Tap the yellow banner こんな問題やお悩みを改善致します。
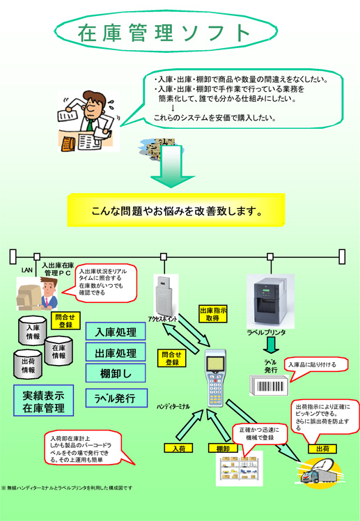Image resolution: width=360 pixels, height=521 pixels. (x=176, y=210)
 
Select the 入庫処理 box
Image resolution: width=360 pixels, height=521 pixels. (x=116, y=332)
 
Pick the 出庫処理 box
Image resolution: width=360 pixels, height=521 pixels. (x=116, y=352)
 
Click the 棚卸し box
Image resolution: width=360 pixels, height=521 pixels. (x=116, y=373)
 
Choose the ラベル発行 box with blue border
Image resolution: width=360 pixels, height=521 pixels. (x=116, y=398)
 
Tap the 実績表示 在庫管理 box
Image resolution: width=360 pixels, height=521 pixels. (x=43, y=401)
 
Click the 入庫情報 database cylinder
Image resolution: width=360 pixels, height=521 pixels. (x=32, y=331)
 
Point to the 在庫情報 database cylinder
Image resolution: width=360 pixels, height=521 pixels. (x=58, y=351)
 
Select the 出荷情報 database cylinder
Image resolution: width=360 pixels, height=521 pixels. (x=28, y=364)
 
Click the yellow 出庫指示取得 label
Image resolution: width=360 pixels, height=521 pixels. (x=213, y=314)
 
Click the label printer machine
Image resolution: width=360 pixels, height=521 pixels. (x=270, y=301)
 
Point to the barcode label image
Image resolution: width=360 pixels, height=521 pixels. (x=269, y=386)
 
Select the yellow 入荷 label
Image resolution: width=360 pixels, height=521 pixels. (x=179, y=449)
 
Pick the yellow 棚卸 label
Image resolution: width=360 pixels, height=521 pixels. (x=224, y=449)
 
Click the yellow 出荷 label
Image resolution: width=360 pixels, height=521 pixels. (x=322, y=449)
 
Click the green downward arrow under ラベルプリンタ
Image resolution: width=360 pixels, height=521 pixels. (x=272, y=345)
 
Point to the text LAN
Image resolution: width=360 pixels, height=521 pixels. (x=26, y=270)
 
